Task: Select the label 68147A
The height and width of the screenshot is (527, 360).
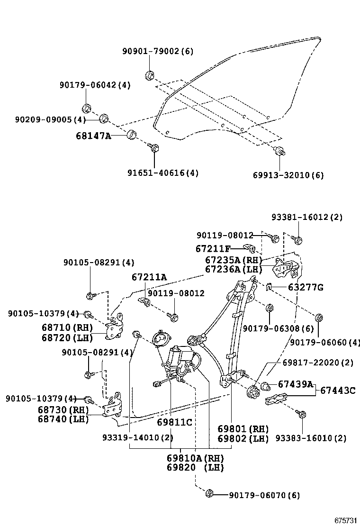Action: point(93,136)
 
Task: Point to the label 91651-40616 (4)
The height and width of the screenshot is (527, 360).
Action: point(162,173)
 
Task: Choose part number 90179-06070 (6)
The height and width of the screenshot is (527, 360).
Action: point(264,495)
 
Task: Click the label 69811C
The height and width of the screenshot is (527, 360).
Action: point(175,422)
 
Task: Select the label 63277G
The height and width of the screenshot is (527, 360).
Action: point(306,287)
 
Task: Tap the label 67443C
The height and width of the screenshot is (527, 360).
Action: point(338,391)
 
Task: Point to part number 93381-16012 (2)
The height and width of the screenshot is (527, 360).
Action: point(307,217)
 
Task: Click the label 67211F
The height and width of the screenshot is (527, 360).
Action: point(213,248)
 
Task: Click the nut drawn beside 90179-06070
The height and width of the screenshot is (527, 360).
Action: point(209,494)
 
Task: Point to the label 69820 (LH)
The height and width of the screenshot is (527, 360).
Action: point(195,468)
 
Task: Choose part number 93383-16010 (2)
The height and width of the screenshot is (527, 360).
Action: point(311,438)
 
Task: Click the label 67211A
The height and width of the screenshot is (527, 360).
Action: point(149,277)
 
